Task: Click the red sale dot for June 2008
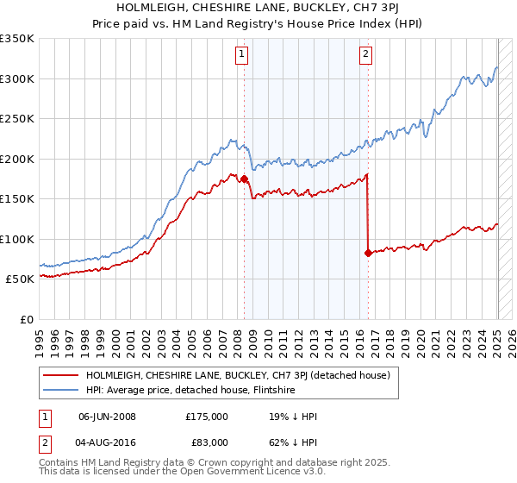pos(244,179)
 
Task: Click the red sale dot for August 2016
pos(369,253)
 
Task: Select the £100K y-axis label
pos(17,239)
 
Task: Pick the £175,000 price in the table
pos(207,416)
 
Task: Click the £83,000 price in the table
pos(207,445)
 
